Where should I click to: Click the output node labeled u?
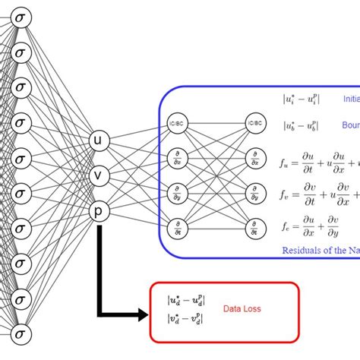(98, 141)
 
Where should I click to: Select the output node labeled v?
(98, 175)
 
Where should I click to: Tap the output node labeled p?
(98, 210)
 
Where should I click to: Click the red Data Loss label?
(243, 308)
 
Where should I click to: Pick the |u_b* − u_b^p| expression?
(300, 126)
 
